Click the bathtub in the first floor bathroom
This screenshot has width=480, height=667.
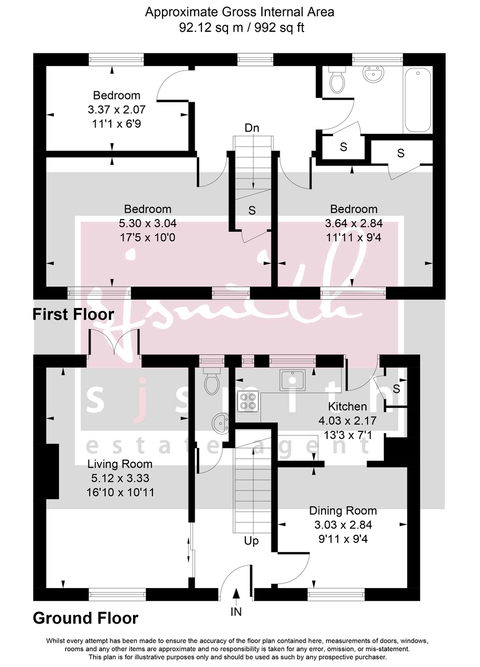point(417,101)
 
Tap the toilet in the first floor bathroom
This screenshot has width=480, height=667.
point(337,81)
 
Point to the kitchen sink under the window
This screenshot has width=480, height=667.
point(293,380)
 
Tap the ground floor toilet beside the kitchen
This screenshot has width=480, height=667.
point(211,382)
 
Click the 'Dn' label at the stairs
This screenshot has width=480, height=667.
point(252,128)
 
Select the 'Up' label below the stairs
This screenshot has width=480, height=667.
point(251,540)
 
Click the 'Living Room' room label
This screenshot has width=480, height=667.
point(120,464)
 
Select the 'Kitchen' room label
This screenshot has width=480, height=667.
point(347,406)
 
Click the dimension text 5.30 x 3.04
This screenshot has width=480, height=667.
point(147,223)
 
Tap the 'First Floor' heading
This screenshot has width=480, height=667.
point(73,314)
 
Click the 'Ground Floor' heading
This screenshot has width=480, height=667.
point(86,618)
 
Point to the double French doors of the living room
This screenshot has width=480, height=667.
point(115,343)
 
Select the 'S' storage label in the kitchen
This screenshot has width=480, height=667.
point(396,389)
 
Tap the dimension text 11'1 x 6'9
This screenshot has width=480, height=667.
point(116,124)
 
